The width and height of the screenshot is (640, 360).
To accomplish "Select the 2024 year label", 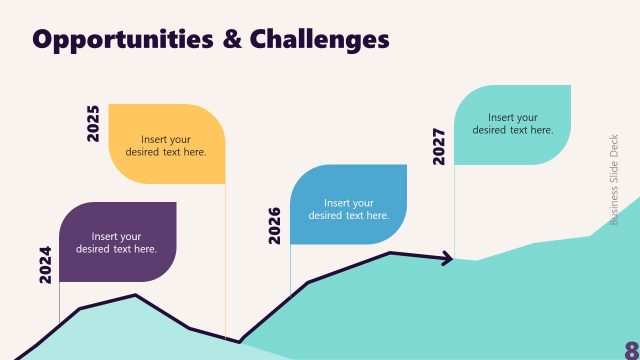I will [45, 265].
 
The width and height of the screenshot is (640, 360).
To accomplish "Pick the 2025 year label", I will [93, 123].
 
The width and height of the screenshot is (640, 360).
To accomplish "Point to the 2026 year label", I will [275, 225].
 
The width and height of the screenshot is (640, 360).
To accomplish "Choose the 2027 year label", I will [439, 145].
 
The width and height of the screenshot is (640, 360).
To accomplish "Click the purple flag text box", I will [117, 242].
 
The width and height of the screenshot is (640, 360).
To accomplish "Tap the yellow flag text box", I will [166, 144].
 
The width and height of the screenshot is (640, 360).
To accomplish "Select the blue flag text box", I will [348, 204].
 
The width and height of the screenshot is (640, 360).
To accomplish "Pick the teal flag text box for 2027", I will [512, 124].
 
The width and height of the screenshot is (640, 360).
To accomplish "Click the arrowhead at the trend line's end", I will [446, 260].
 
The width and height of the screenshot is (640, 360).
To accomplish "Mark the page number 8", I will [631, 347].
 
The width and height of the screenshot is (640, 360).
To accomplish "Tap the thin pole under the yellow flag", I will [225, 260].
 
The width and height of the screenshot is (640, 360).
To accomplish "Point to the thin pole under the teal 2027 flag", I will [455, 210].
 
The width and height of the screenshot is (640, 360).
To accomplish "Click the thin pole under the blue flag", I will [290, 268].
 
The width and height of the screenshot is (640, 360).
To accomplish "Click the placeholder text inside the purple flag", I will [117, 243].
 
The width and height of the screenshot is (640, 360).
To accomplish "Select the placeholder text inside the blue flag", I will [348, 209].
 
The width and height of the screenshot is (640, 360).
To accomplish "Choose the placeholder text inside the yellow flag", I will [166, 146].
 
